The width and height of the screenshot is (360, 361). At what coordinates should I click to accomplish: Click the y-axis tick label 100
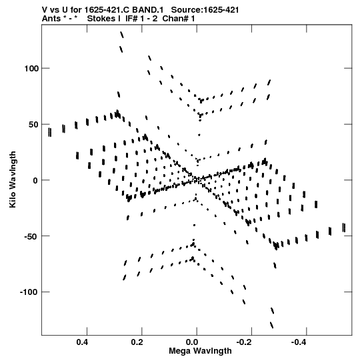click(x=31, y=68)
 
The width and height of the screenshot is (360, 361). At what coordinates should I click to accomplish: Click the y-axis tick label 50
click(x=33, y=125)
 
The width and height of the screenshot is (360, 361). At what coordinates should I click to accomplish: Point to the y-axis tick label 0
click(x=35, y=180)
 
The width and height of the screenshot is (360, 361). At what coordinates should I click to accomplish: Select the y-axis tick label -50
click(x=31, y=236)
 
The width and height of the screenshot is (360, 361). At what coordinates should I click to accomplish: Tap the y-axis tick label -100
click(x=29, y=292)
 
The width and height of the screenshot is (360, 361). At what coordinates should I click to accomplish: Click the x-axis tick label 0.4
click(x=83, y=342)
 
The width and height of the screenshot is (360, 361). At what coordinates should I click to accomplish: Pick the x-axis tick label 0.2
click(x=137, y=342)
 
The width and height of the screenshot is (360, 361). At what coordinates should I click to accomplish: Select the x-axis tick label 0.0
click(x=192, y=342)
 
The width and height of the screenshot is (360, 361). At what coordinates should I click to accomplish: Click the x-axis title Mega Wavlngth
click(x=200, y=351)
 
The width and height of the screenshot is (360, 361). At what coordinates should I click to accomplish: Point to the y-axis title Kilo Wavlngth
click(x=13, y=179)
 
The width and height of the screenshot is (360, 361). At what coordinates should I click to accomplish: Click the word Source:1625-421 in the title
click(x=205, y=10)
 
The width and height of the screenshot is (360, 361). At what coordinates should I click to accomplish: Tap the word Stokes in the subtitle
click(x=104, y=19)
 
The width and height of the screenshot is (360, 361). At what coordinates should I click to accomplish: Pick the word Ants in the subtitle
click(x=51, y=19)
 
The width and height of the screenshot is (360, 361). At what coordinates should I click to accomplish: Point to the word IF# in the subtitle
click(x=131, y=19)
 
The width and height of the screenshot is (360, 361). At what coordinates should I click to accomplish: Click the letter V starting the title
click(x=45, y=10)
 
